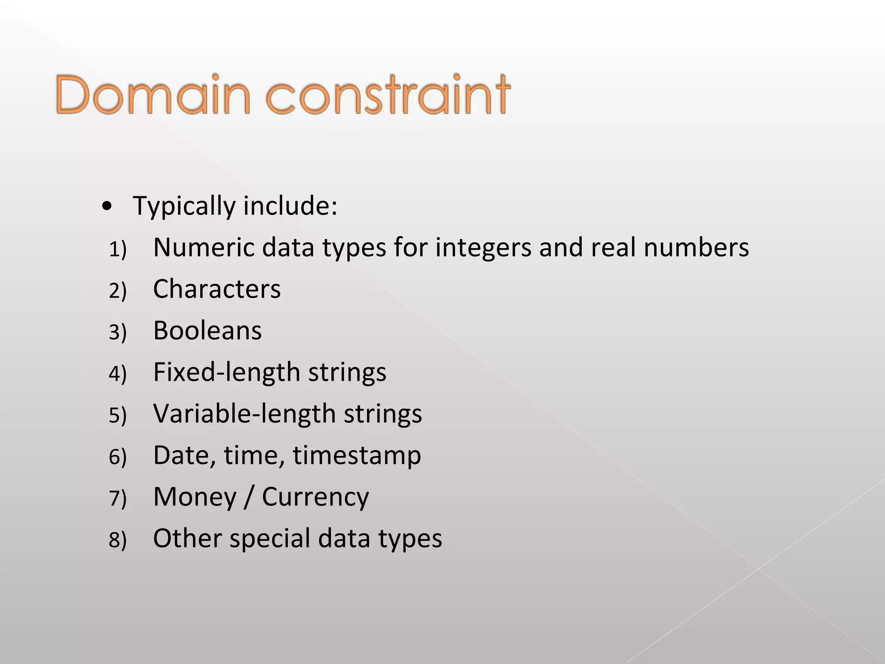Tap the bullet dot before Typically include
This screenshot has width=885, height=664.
click(x=107, y=207)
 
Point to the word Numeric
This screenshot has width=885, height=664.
click(x=204, y=248)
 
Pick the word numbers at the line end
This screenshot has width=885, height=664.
click(x=696, y=248)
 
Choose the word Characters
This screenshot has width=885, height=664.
click(x=216, y=289)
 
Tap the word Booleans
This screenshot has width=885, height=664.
click(x=207, y=331)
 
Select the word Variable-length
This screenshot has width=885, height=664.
click(x=244, y=414)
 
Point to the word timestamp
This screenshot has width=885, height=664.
click(x=357, y=455)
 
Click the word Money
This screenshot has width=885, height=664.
click(x=195, y=497)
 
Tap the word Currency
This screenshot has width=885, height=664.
click(x=315, y=497)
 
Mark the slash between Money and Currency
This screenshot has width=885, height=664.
click(x=248, y=497)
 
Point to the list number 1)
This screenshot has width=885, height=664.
click(x=118, y=249)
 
